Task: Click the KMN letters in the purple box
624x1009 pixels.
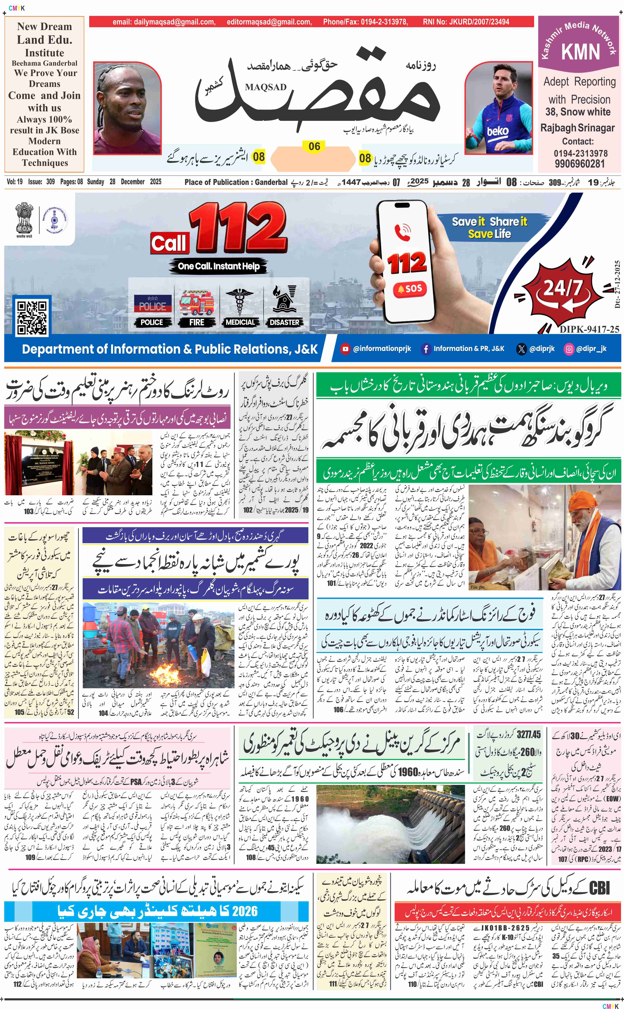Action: point(580,52)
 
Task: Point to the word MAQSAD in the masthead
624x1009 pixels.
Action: point(265,87)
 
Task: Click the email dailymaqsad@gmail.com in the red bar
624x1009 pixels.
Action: point(164,22)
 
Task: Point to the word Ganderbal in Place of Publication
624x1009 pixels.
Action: point(271,182)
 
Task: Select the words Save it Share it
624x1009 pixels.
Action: point(489,222)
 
